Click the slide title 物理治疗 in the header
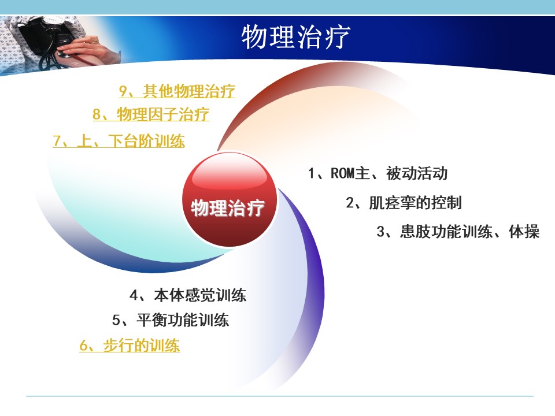[296, 36]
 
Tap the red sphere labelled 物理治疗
[230, 200]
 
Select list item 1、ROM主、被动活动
[378, 173]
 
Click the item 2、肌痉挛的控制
[404, 203]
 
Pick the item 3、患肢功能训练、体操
[458, 232]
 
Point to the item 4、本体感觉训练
[188, 295]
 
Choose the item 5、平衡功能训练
[171, 320]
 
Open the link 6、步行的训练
[129, 346]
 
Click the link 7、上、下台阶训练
[119, 141]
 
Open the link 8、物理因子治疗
[151, 114]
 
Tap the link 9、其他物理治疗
[177, 91]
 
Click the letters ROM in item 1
[343, 173]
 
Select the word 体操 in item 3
[524, 232]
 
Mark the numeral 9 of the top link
[123, 91]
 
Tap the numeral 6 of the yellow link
[83, 346]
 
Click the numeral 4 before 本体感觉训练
[134, 295]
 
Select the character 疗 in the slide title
[337, 36]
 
